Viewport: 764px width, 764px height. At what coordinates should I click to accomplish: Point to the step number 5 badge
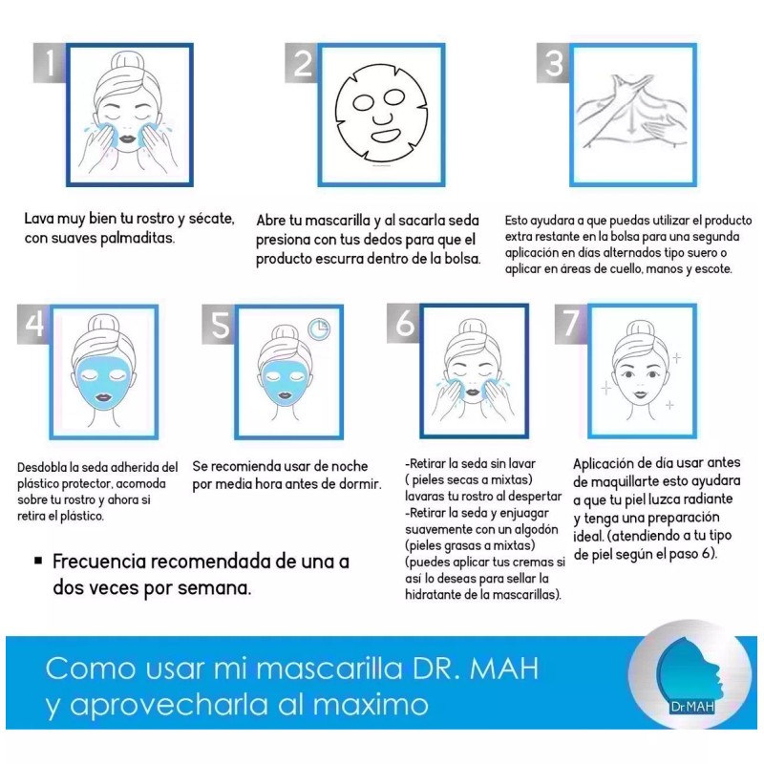(220, 325)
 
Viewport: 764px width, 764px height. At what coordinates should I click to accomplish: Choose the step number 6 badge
(406, 325)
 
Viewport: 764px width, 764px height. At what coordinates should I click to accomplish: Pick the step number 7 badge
(571, 325)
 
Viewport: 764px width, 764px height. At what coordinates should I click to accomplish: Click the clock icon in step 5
(318, 329)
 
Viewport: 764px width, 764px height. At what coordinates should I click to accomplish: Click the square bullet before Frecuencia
(37, 562)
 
